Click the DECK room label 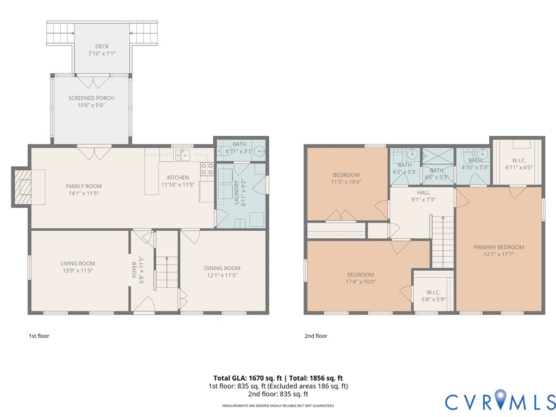pyautogui.click(x=102, y=47)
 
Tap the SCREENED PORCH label pyautogui.click(x=91, y=98)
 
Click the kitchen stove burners pyautogui.click(x=207, y=169)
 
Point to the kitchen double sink pyautogui.click(x=182, y=155)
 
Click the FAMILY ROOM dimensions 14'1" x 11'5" pyautogui.click(x=84, y=193)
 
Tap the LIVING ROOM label pyautogui.click(x=78, y=263)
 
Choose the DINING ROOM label pyautogui.click(x=222, y=268)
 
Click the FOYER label pyautogui.click(x=135, y=269)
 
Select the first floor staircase pyautogui.click(x=167, y=272)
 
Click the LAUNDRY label pyautogui.click(x=237, y=193)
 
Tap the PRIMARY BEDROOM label pyautogui.click(x=498, y=247)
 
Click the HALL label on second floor pyautogui.click(x=424, y=193)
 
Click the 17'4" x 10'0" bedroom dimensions pyautogui.click(x=361, y=282)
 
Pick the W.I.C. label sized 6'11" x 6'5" pyautogui.click(x=519, y=160)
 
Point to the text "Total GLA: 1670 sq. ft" pyautogui.click(x=248, y=378)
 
